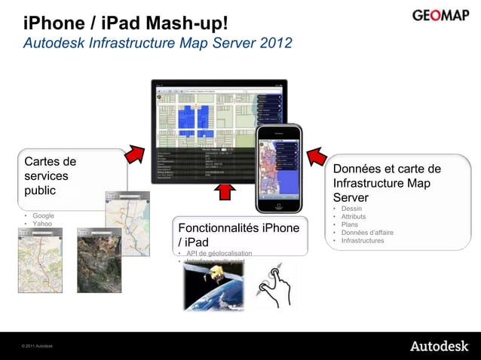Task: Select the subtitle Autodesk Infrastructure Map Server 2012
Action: point(158,44)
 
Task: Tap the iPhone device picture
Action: point(279,169)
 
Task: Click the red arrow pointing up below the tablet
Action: point(224,191)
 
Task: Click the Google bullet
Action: point(42,216)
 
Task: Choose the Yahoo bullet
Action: point(41,224)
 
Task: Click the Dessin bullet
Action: point(351,209)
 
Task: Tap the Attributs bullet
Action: point(354,217)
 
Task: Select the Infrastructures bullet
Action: point(362,241)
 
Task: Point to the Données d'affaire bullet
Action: point(366,233)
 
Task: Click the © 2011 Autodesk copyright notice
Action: point(38,346)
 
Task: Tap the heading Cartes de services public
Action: point(51,175)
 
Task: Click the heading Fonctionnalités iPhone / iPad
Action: point(238,235)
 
